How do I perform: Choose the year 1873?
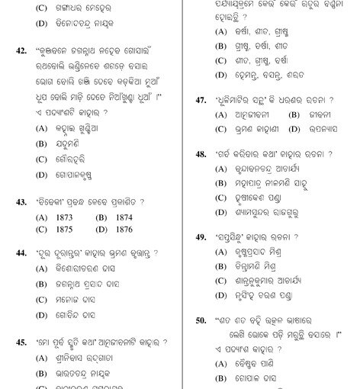coord(63,217)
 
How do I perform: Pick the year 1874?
coord(123,217)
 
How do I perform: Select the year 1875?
coord(63,229)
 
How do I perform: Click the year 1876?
coord(123,229)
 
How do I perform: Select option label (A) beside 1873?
coord(41,217)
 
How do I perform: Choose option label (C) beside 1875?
coord(41,229)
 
